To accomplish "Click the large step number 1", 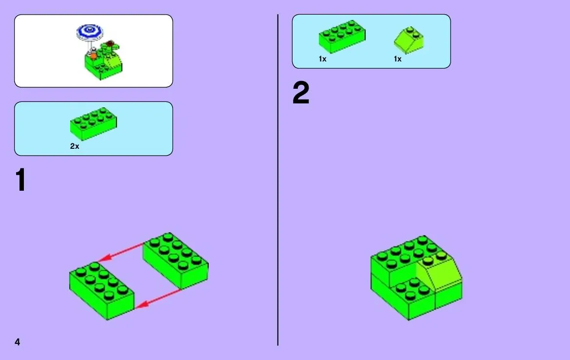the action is pyautogui.click(x=20, y=180).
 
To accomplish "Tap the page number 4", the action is pyautogui.click(x=18, y=342).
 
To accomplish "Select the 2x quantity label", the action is pyautogui.click(x=75, y=146).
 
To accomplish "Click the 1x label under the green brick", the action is pyautogui.click(x=323, y=59).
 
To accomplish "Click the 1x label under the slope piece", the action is pyautogui.click(x=398, y=59).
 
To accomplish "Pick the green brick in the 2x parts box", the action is pyautogui.click(x=94, y=123).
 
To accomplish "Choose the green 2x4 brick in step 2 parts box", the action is pyautogui.click(x=342, y=37).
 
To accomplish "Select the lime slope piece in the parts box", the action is pyautogui.click(x=409, y=40).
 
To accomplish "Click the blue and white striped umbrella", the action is pyautogui.click(x=90, y=32).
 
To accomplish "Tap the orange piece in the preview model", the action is pyautogui.click(x=94, y=55).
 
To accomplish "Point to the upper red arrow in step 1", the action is pyautogui.click(x=121, y=252).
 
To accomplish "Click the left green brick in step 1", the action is pyautogui.click(x=102, y=291).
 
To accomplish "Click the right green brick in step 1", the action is pyautogui.click(x=176, y=260).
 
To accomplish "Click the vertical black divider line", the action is pyautogui.click(x=278, y=180).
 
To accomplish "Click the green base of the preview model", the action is pyautogui.click(x=103, y=65).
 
